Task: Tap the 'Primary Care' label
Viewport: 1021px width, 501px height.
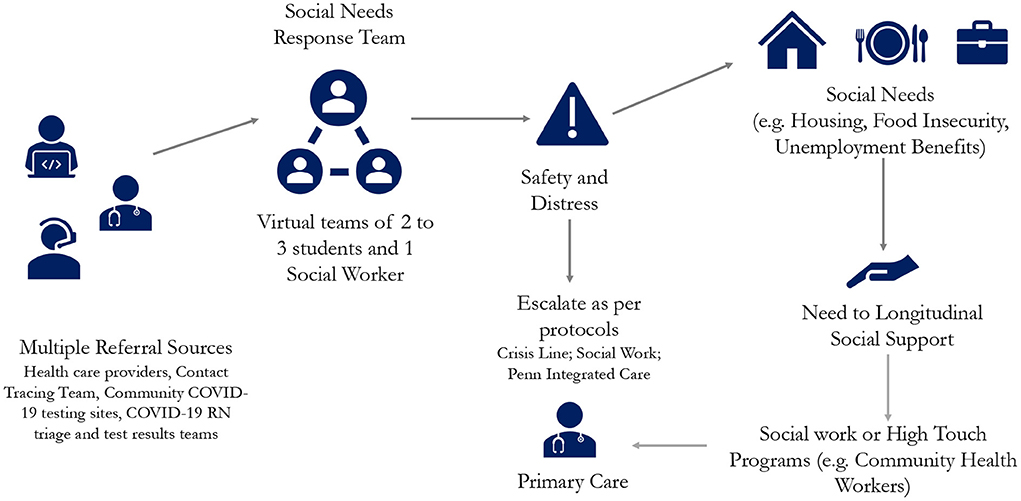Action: click(x=572, y=482)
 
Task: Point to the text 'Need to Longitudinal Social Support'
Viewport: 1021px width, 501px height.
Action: click(x=892, y=326)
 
